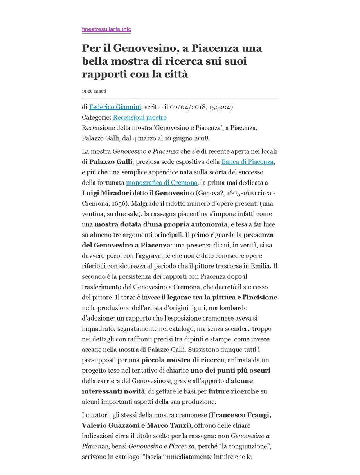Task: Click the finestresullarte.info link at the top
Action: [106, 29]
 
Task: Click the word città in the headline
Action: [175, 74]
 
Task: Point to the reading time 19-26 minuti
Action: [94, 91]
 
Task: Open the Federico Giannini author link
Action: [115, 107]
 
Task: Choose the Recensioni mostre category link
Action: [140, 117]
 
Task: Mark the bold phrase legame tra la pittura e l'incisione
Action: [222, 298]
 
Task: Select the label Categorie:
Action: [97, 117]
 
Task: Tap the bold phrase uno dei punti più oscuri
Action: [230, 370]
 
